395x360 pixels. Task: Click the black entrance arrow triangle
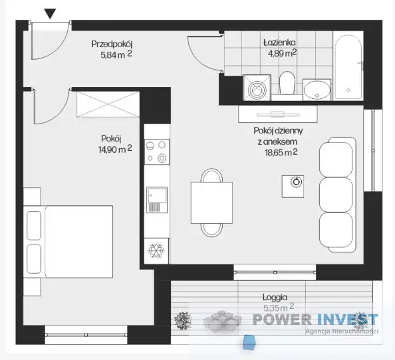pos(50,13)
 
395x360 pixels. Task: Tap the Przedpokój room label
pos(112,44)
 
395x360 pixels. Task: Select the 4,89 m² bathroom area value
pos(283,53)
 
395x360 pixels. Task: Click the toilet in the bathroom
pos(287,83)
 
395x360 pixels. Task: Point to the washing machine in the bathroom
pos(257,88)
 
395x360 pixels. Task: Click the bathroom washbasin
pos(317,90)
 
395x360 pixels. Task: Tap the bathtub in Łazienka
pos(348,66)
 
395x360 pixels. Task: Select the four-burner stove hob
pos(157,151)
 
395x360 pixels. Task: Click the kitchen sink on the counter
pos(157,199)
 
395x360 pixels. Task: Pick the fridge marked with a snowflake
pos(157,250)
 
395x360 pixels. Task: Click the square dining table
pos(211,203)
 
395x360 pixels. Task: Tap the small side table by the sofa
pos(293,187)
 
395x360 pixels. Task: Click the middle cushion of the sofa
pos(336,194)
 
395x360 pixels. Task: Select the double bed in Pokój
pos(68,242)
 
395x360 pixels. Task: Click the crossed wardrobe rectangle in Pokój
pos(108,104)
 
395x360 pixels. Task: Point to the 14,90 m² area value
pos(115,149)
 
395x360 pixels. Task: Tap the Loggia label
pos(275,298)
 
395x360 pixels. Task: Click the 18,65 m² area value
pos(281,152)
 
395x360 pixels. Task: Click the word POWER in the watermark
pos(282,319)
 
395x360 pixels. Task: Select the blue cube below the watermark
pos(249,342)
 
